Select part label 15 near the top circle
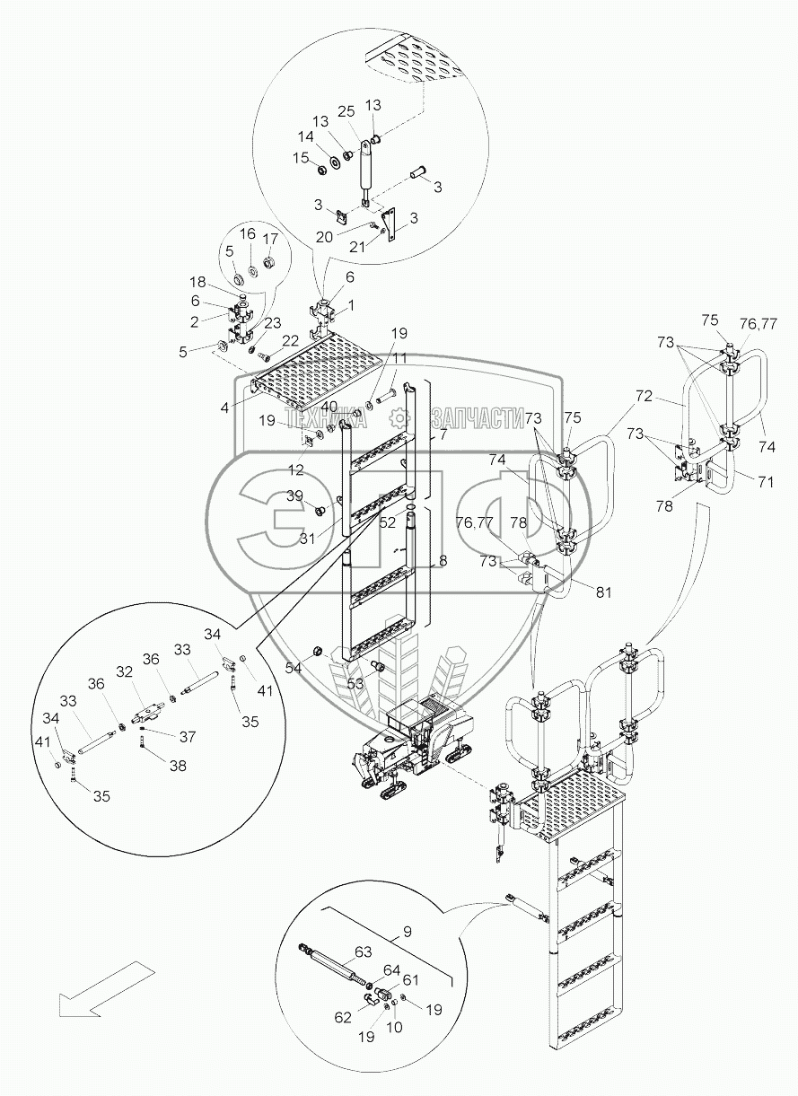tap(302, 158)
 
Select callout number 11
tap(399, 357)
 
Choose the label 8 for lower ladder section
tap(441, 562)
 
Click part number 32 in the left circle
tap(125, 671)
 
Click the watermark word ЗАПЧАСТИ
tap(478, 416)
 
